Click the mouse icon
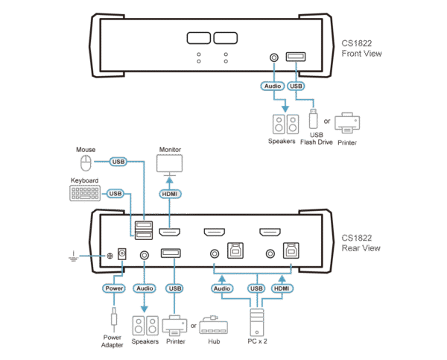[x=86, y=163]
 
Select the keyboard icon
[x=86, y=193]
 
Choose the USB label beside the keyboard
[x=115, y=194]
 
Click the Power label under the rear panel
[x=113, y=287]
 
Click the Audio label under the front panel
[x=272, y=86]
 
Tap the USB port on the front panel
[x=297, y=57]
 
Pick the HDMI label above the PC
[x=282, y=287]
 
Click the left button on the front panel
[x=199, y=39]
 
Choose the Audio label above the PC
[x=221, y=287]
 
